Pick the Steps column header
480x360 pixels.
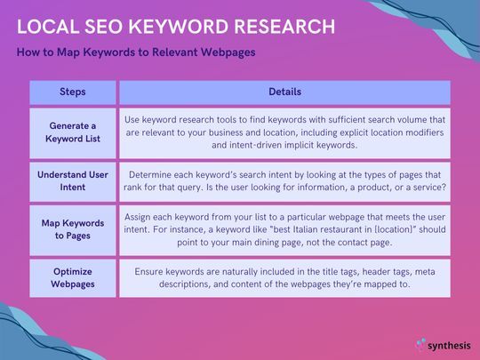pos(73,92)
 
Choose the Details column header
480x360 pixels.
pos(284,92)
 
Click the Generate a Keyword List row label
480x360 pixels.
pos(73,132)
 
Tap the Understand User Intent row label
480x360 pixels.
pos(73,181)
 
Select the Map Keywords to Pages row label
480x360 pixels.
pos(73,229)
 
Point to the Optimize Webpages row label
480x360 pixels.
pos(73,278)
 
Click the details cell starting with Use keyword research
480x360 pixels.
pos(284,132)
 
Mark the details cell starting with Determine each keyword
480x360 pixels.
pos(284,181)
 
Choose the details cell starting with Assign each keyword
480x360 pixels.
pos(284,229)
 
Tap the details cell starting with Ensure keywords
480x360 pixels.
pos(284,278)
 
